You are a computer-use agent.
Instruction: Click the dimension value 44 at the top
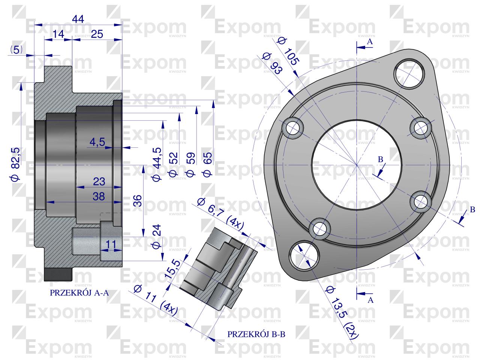pos(78,20)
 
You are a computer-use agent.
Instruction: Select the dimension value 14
pos(58,34)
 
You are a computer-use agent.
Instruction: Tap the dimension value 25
pos(97,34)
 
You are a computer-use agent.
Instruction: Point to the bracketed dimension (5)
pos(16,49)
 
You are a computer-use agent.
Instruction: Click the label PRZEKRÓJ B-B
pos(256,334)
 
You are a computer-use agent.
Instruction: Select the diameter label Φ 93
pos(273,63)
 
